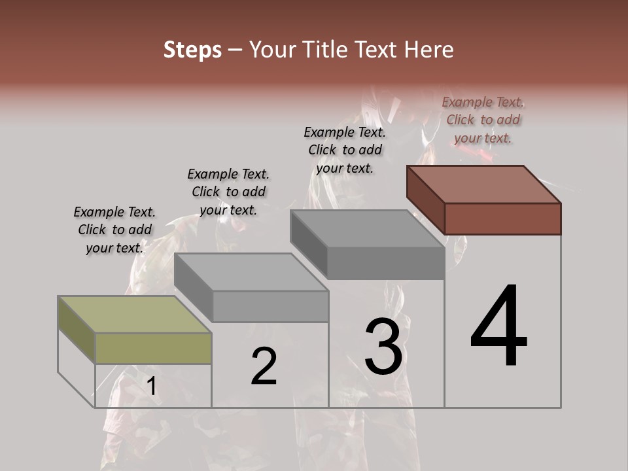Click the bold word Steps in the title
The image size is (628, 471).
[192, 50]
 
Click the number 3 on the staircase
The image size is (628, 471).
[383, 346]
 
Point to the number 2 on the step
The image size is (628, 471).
[264, 366]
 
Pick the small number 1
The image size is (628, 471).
[151, 387]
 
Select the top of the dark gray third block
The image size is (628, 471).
[367, 229]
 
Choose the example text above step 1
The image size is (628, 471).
[114, 230]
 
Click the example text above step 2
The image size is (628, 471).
[228, 192]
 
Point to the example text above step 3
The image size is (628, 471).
[345, 150]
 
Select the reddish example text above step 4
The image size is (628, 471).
[483, 120]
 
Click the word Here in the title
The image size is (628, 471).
[428, 50]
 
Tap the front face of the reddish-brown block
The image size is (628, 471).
[502, 218]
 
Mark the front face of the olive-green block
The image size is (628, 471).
[153, 348]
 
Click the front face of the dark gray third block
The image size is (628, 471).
[385, 264]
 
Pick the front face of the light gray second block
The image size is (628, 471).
[270, 306]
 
